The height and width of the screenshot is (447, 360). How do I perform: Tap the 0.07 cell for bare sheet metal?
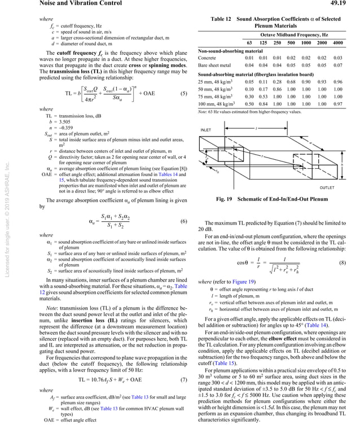338,66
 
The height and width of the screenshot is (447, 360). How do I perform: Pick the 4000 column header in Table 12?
338,43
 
